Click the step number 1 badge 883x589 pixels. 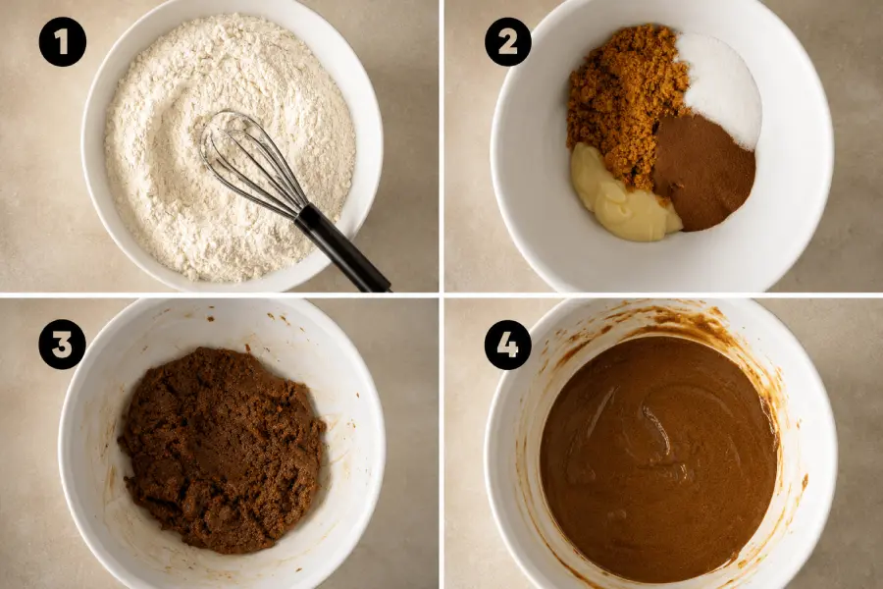(x=63, y=41)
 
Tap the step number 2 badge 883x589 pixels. (x=508, y=41)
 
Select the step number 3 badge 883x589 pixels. (x=63, y=345)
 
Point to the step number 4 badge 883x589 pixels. (x=508, y=345)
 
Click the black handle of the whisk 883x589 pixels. (x=340, y=248)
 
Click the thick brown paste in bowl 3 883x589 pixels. (x=223, y=448)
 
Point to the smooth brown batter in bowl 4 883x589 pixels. (x=659, y=459)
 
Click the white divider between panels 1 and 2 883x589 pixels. (x=441, y=146)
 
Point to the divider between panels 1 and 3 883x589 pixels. (x=219, y=295)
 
